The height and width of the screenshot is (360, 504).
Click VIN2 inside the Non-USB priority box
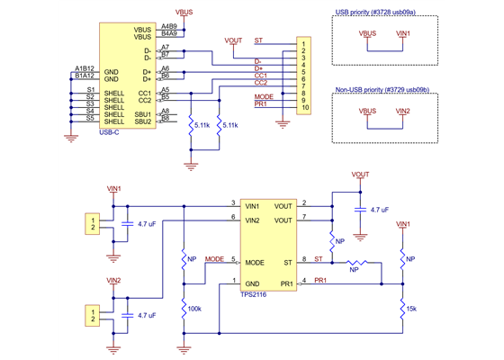click(402, 111)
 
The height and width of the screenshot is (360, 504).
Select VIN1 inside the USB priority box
click(402, 33)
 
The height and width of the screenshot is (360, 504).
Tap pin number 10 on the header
click(305, 108)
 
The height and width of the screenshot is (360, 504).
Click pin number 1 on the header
click(305, 42)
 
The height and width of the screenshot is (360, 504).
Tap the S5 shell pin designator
click(90, 122)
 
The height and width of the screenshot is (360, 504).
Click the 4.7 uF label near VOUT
click(380, 209)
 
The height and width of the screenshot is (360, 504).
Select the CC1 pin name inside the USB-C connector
click(144, 93)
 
